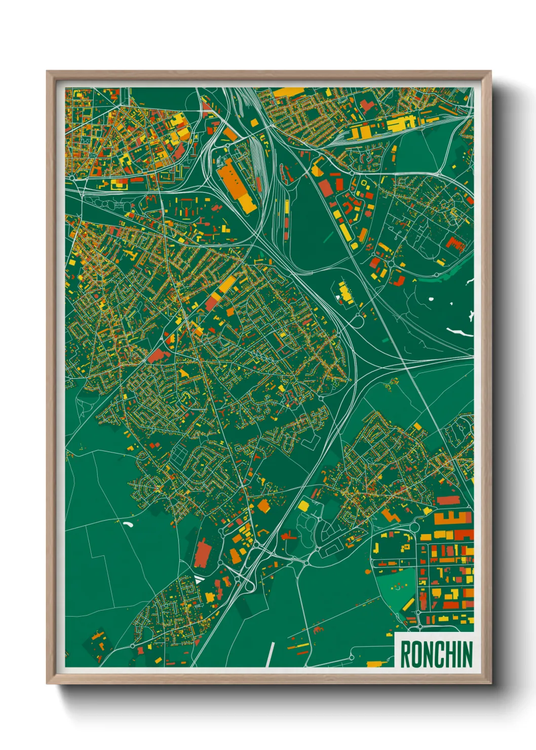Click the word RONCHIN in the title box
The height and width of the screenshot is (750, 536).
[436, 654]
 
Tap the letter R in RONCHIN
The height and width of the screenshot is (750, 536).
[406, 654]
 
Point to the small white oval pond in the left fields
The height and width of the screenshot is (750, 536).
[127, 524]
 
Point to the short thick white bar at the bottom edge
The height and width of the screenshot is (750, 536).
[270, 654]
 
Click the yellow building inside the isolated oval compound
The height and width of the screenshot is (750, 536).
[346, 293]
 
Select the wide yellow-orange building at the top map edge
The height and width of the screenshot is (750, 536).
[288, 92]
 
